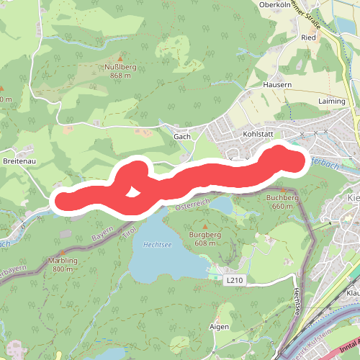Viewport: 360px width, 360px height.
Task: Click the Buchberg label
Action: click(282, 197)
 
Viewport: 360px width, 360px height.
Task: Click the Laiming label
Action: click(332, 102)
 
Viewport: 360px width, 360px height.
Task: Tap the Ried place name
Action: click(310, 37)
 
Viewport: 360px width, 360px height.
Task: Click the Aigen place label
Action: click(219, 326)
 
